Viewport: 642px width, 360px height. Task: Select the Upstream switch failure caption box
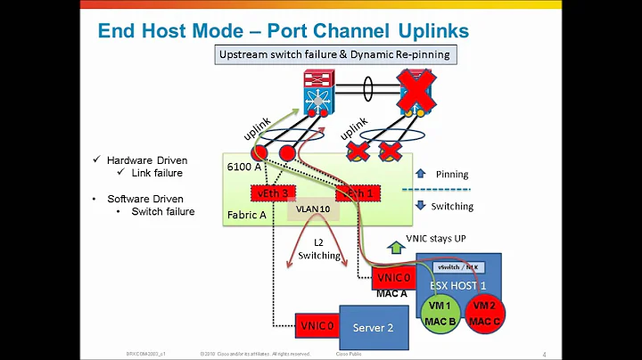[338, 55]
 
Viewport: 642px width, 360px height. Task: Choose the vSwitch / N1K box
[459, 267]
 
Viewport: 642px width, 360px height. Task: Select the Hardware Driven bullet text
[147, 160]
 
